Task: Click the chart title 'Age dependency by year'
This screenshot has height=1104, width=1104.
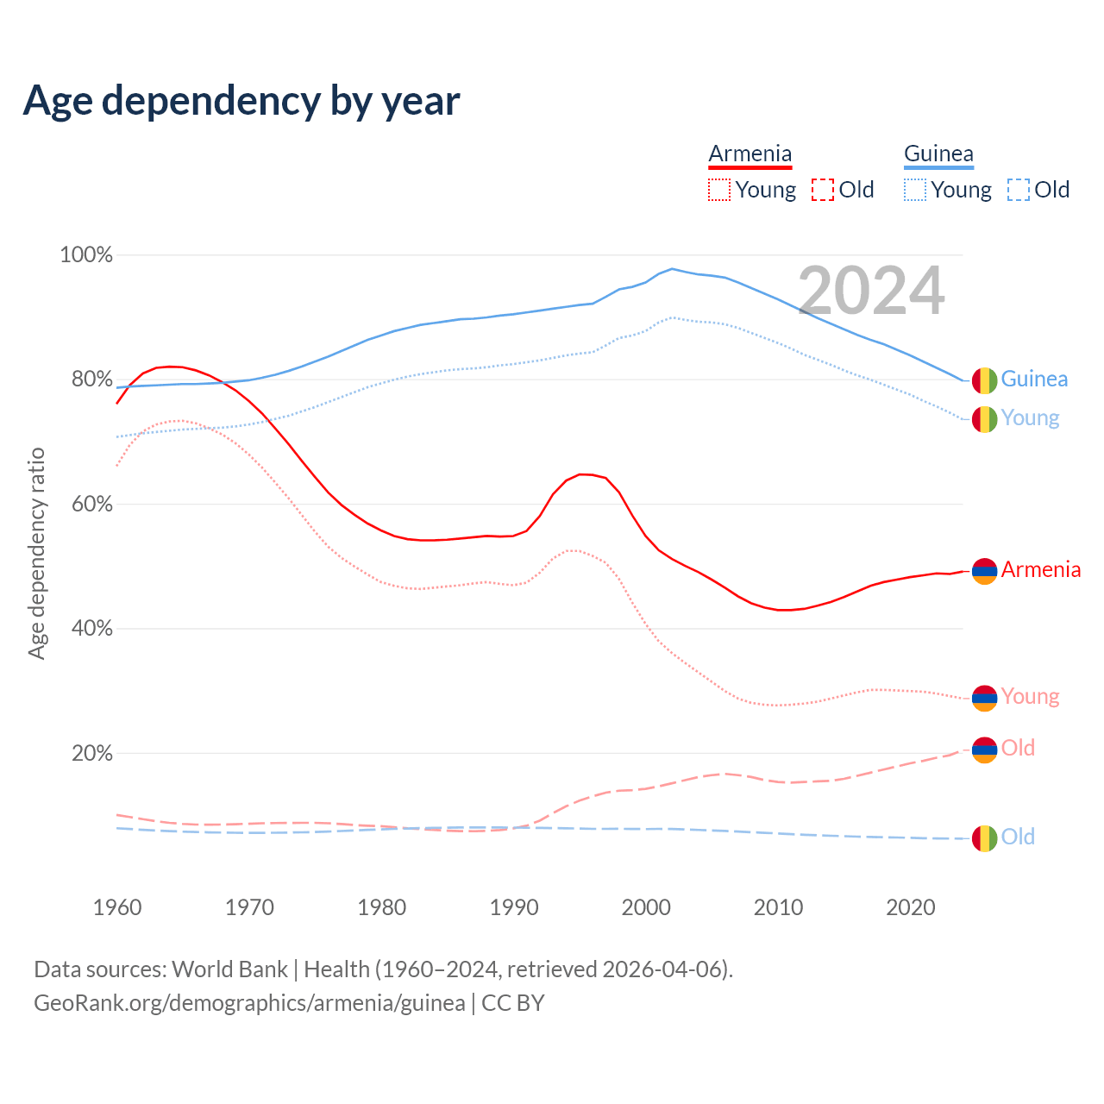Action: [x=241, y=101]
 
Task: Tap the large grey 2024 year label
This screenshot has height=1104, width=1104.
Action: [x=871, y=291]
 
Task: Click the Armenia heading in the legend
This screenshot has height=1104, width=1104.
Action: [x=750, y=154]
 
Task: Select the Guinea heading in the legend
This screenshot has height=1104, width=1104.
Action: [x=938, y=154]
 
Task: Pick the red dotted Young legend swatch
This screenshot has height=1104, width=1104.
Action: [x=718, y=190]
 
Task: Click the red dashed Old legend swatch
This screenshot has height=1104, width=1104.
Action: [x=823, y=190]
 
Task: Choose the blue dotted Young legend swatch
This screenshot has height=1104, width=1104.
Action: [x=915, y=190]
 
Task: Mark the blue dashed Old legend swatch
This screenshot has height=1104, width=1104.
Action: [x=1019, y=190]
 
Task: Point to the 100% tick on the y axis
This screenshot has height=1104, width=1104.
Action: [x=86, y=255]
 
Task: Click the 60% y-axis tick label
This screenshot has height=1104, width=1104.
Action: [x=91, y=504]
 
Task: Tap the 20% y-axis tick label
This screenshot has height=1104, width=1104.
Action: [x=91, y=753]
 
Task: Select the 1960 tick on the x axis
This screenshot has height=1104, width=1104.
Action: [x=117, y=907]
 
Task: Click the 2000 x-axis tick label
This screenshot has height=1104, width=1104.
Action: [x=646, y=907]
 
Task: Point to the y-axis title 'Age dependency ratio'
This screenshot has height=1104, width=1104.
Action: [x=36, y=553]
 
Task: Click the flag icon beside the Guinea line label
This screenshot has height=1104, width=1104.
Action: [x=984, y=379]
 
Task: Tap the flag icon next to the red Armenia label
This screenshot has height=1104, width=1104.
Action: [x=984, y=570]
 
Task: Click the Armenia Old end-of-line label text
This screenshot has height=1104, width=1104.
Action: [x=1018, y=748]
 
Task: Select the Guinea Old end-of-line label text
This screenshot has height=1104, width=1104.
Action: [x=1018, y=837]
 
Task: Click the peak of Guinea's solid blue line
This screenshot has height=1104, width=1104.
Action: [x=672, y=268]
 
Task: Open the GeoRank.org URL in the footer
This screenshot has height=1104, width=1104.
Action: [x=249, y=1003]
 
